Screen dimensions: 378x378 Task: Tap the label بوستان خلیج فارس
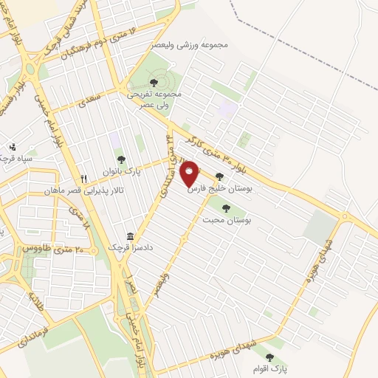219,189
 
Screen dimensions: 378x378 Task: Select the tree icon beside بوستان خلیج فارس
219,176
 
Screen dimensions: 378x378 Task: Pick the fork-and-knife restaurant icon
84,179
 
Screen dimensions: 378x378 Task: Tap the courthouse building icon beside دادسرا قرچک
131,236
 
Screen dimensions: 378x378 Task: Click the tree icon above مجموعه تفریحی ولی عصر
154,83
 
